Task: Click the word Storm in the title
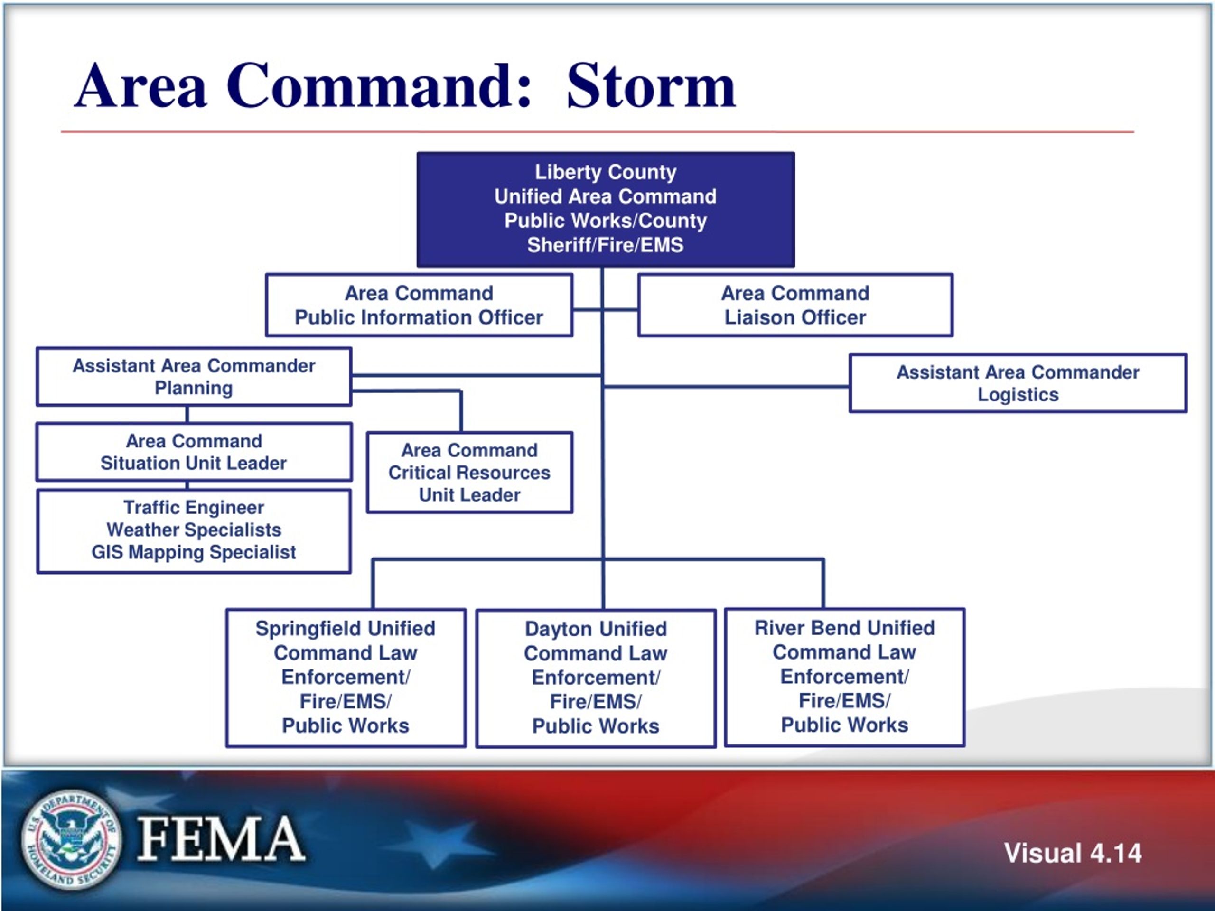650,86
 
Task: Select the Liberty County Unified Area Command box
605,209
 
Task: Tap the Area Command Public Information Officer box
419,305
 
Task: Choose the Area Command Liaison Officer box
795,305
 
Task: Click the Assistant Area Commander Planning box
194,377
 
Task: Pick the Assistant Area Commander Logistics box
1018,383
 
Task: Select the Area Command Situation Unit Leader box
194,452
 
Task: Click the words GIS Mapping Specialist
194,552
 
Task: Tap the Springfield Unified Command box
346,677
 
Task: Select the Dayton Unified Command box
596,678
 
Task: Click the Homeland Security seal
70,838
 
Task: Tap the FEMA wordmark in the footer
220,838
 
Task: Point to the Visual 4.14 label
1073,853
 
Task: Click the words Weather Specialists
194,530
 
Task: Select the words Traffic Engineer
194,507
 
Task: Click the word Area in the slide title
140,86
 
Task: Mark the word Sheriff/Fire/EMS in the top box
605,245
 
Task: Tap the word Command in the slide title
379,86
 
